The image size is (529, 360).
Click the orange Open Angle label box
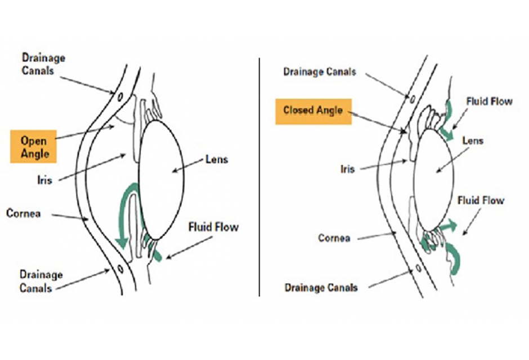tap(34, 146)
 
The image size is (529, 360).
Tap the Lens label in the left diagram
tap(216, 159)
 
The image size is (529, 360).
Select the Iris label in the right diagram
tap(347, 168)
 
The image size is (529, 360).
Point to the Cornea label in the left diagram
tap(23, 214)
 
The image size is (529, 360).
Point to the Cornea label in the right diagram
tap(334, 238)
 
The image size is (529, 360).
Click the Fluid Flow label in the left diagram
tap(213, 227)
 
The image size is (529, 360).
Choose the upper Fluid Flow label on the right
tap(489, 102)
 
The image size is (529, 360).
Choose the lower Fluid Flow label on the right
tap(481, 200)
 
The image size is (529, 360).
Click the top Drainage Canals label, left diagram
tap(43, 64)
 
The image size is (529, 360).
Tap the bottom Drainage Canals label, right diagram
tap(321, 287)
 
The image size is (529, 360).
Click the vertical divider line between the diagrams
tap(259, 174)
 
